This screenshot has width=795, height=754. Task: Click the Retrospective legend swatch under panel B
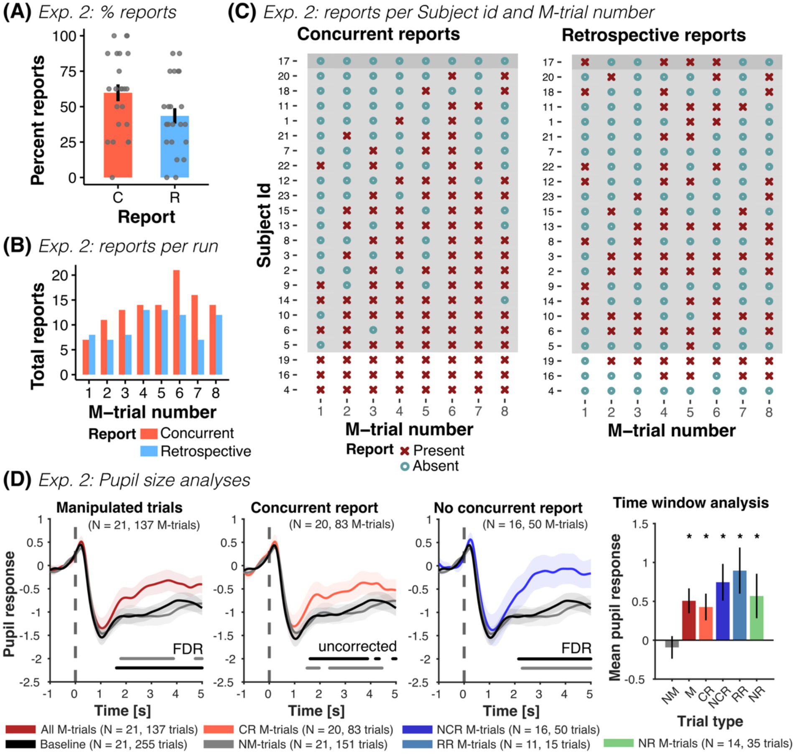149,451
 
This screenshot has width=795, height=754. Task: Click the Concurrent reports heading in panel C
378,34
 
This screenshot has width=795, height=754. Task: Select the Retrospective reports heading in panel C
653,36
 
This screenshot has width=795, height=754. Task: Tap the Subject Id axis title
264,226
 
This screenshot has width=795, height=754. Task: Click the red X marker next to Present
404,451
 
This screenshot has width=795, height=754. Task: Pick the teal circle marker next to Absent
404,466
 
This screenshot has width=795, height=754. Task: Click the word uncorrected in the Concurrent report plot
357,646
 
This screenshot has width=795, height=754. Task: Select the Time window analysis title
691,503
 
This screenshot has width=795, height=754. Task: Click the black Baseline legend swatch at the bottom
20,745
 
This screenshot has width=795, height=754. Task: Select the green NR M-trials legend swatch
618,743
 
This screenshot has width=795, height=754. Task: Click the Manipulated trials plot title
119,508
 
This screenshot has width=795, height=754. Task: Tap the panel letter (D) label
17,480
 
